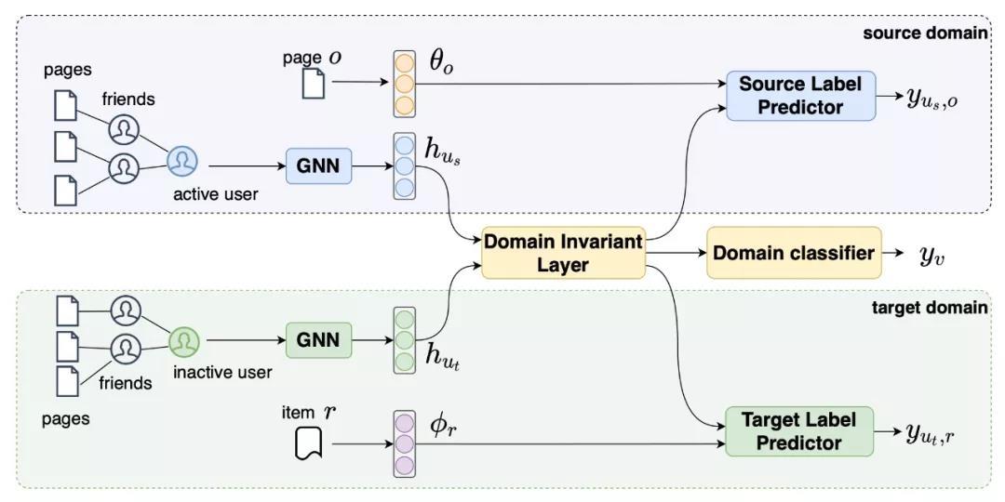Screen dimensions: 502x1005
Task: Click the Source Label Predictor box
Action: tap(800, 96)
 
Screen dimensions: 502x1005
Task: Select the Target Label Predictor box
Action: tap(798, 430)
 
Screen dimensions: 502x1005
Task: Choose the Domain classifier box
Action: tap(794, 253)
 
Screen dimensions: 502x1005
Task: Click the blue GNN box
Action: tap(318, 167)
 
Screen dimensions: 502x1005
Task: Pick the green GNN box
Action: tap(318, 340)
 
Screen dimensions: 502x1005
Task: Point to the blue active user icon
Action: tap(182, 163)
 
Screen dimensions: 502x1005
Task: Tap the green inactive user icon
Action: tap(183, 341)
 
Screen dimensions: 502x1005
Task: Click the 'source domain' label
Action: tap(924, 33)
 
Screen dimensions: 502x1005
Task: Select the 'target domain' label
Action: tap(928, 307)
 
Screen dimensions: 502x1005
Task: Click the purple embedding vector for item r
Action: tap(404, 443)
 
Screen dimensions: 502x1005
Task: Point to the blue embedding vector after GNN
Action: tap(404, 166)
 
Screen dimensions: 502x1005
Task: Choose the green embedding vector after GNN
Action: tap(404, 341)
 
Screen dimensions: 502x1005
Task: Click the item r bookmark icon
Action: tap(308, 444)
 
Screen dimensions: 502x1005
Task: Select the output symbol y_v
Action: tap(931, 255)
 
